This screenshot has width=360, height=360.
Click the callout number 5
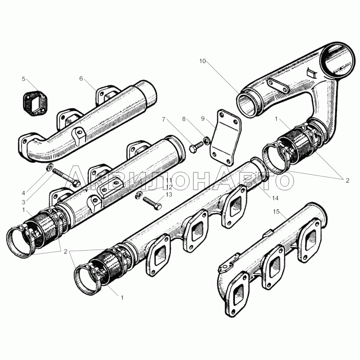pyautogui.click(x=23, y=79)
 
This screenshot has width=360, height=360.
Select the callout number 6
pyautogui.click(x=81, y=78)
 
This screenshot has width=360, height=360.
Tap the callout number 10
pyautogui.click(x=202, y=61)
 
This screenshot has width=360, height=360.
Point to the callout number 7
pyautogui.click(x=163, y=119)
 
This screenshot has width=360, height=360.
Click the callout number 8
pyautogui.click(x=184, y=119)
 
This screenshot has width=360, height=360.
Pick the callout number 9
pyautogui.click(x=203, y=118)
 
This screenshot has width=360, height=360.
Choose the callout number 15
pyautogui.click(x=276, y=211)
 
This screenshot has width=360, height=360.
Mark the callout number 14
pyautogui.click(x=275, y=198)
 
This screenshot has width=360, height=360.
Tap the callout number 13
pyautogui.click(x=169, y=195)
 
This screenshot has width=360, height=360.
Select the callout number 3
pyautogui.click(x=23, y=202)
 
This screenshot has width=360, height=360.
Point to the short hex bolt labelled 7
pyautogui.click(x=197, y=147)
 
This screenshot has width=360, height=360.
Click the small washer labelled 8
pyautogui.click(x=207, y=140)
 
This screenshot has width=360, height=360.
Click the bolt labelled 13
pyautogui.click(x=152, y=203)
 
